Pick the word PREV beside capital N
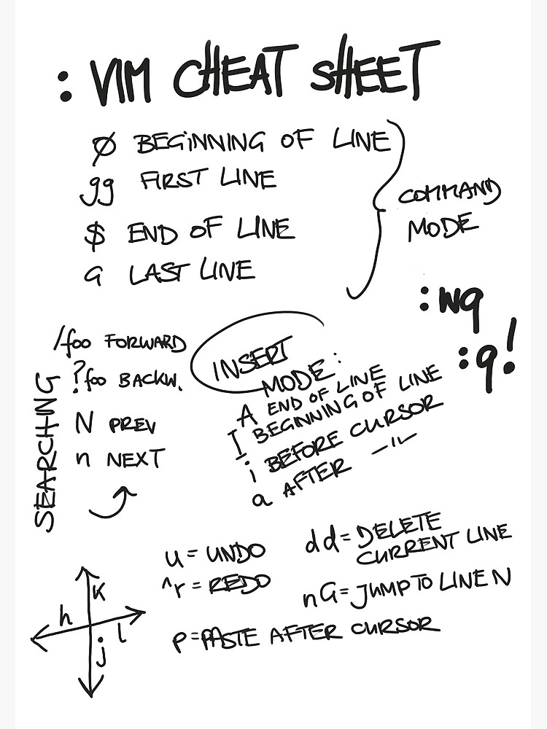(131, 424)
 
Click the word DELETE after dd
(401, 529)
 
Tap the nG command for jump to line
(319, 598)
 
